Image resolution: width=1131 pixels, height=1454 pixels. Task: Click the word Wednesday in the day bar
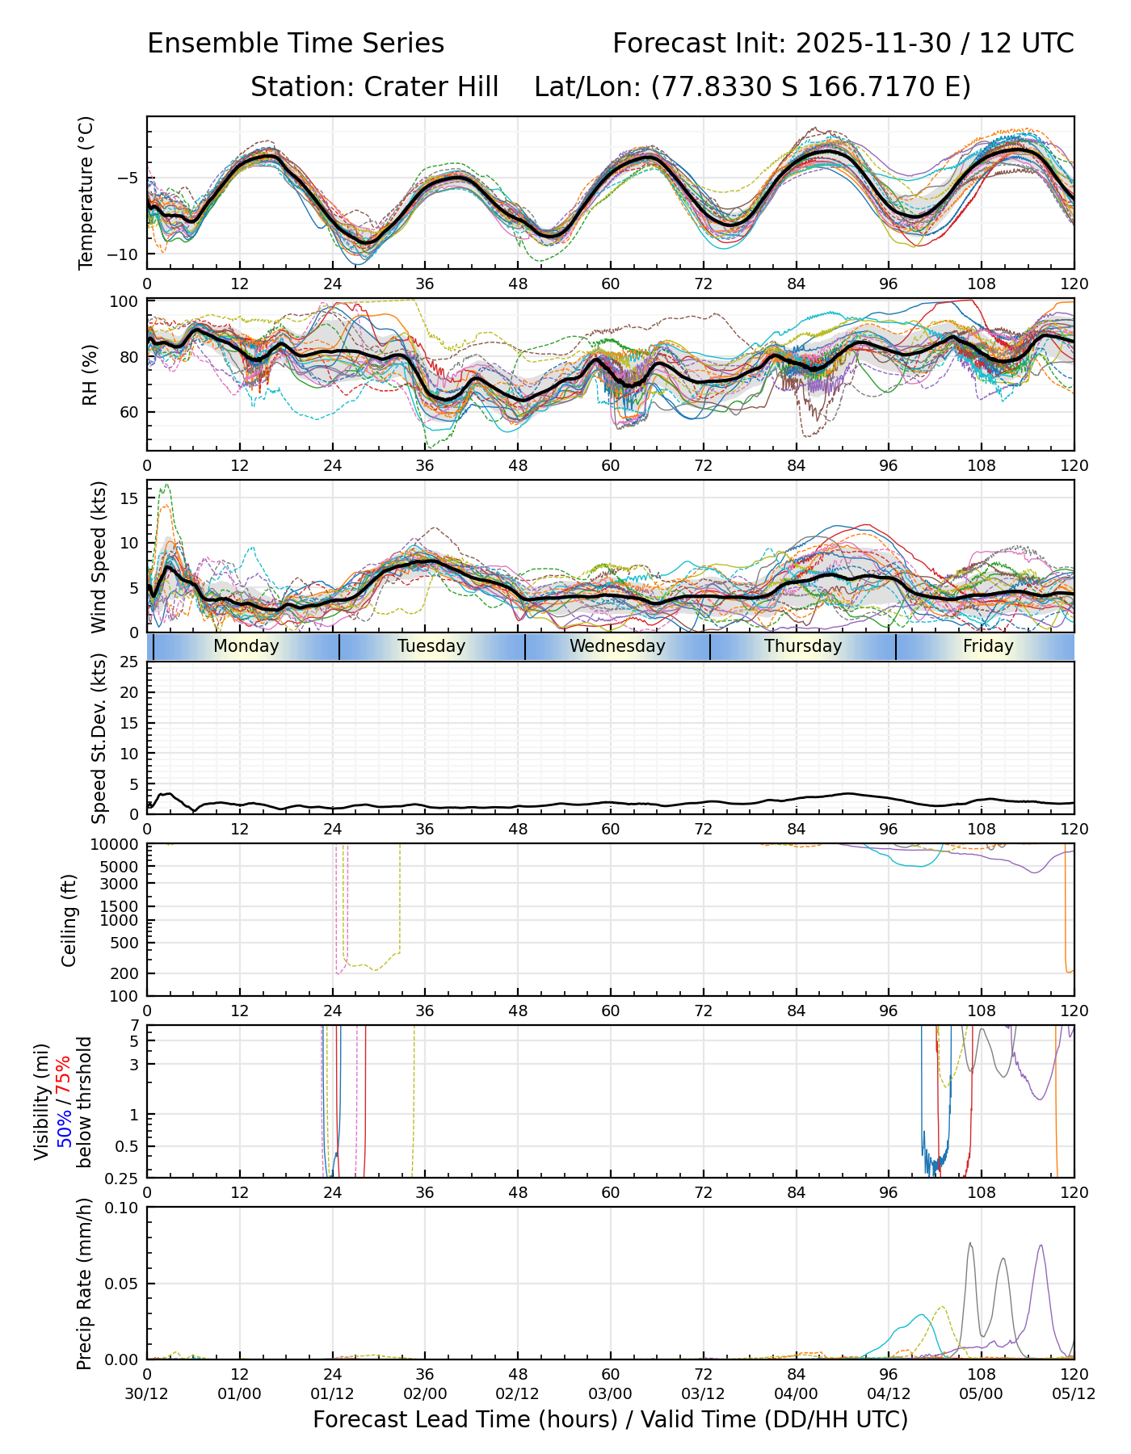617,646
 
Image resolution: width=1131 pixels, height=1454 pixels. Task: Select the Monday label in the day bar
246,646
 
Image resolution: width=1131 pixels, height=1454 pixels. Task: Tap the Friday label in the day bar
988,646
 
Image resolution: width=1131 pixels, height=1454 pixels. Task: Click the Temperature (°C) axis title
86,192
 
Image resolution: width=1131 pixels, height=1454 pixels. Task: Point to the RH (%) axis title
90,374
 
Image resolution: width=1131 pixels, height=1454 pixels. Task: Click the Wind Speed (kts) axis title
99,557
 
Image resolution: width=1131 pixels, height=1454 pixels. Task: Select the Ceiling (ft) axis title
69,920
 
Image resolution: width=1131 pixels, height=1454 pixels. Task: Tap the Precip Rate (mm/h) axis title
84,1284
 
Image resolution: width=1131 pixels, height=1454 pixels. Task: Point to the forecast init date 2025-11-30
873,44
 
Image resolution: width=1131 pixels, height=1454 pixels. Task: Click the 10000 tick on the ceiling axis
120,845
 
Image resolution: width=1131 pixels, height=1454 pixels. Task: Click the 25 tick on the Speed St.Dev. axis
129,662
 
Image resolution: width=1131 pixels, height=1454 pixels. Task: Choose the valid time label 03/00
610,1393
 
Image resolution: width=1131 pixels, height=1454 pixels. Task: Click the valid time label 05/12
1074,1393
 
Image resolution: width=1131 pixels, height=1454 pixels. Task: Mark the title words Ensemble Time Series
296,44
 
